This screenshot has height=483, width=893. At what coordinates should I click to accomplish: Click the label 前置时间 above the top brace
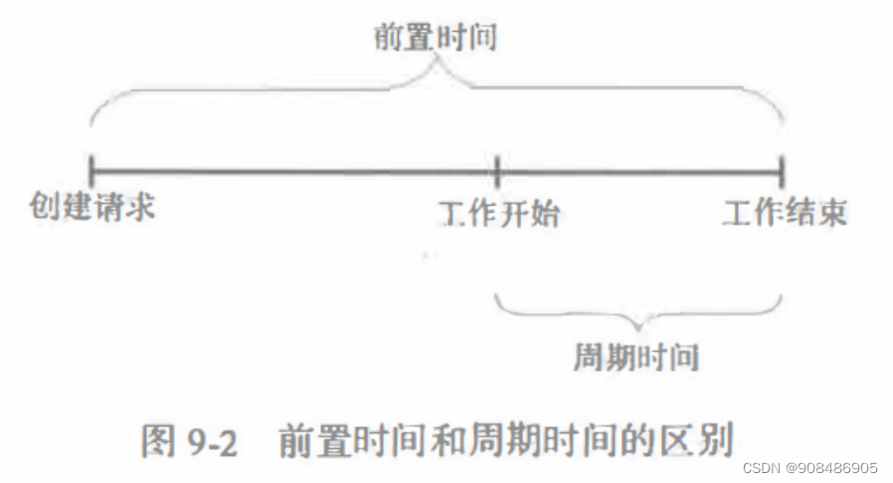[436, 39]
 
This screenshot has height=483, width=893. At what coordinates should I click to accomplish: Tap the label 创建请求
[92, 207]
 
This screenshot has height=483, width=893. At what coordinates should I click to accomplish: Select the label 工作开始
[497, 212]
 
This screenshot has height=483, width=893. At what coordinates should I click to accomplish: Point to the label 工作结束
[785, 212]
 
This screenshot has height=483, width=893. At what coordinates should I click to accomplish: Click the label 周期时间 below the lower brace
[637, 357]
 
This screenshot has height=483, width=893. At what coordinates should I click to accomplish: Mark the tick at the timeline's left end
[90, 170]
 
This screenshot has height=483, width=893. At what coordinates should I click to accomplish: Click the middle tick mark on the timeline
[496, 170]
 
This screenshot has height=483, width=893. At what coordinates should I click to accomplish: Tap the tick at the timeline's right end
[783, 170]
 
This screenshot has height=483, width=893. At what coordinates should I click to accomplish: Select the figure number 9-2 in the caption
[210, 441]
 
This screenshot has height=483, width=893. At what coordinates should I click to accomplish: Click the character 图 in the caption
[159, 441]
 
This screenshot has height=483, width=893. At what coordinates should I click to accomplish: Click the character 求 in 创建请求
[141, 207]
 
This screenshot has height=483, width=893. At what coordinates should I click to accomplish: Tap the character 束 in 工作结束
[832, 212]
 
